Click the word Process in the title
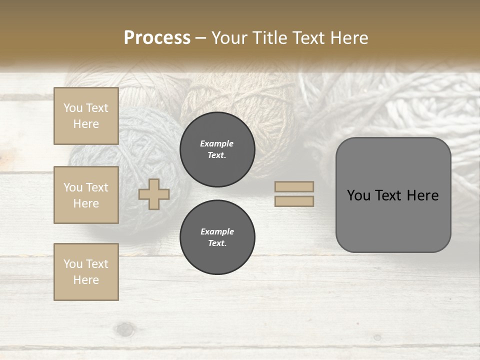point(157,38)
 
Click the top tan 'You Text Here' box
point(86,116)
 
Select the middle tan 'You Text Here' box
point(86,195)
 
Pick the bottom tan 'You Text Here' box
point(86,271)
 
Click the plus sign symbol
point(154,194)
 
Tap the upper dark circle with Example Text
point(217,149)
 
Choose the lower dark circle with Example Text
point(217,237)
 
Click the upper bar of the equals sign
point(294,186)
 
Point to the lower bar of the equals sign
point(294,201)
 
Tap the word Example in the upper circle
point(216,143)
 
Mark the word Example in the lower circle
point(217,231)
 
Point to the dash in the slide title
point(200,38)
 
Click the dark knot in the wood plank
point(125,329)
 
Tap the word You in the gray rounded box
point(358,195)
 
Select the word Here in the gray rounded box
point(422,195)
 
